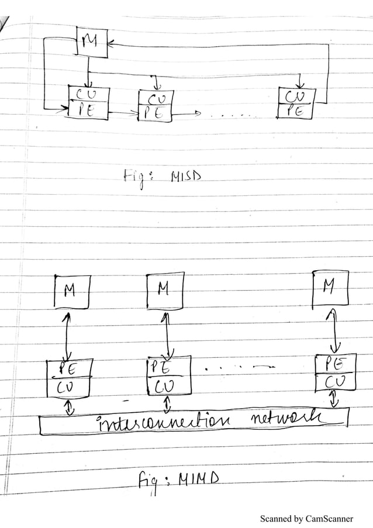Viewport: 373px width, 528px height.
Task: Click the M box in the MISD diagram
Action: [93, 43]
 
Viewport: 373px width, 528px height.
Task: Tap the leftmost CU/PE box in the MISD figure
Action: [88, 102]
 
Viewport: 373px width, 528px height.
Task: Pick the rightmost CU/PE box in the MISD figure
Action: [296, 103]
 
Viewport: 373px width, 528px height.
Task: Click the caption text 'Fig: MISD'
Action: [162, 175]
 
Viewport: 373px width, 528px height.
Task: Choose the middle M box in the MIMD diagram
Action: [164, 290]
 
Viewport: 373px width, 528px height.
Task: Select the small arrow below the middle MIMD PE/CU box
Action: [169, 405]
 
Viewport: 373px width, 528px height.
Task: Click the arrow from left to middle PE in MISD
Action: [122, 111]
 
